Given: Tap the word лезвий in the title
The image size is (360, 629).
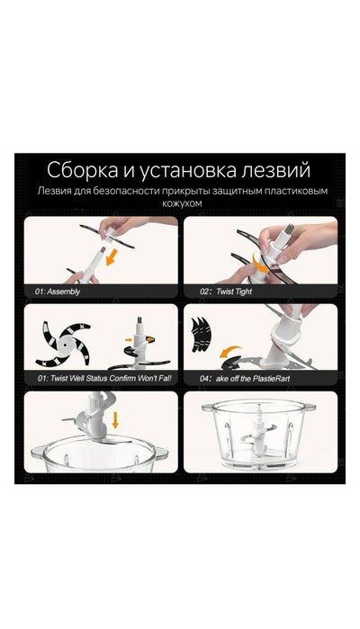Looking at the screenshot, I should click(278, 170).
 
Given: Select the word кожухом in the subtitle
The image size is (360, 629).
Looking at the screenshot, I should click(179, 205).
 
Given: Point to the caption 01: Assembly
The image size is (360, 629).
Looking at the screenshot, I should click(57, 292).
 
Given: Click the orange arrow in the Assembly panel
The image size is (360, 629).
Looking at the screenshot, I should click(113, 259).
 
